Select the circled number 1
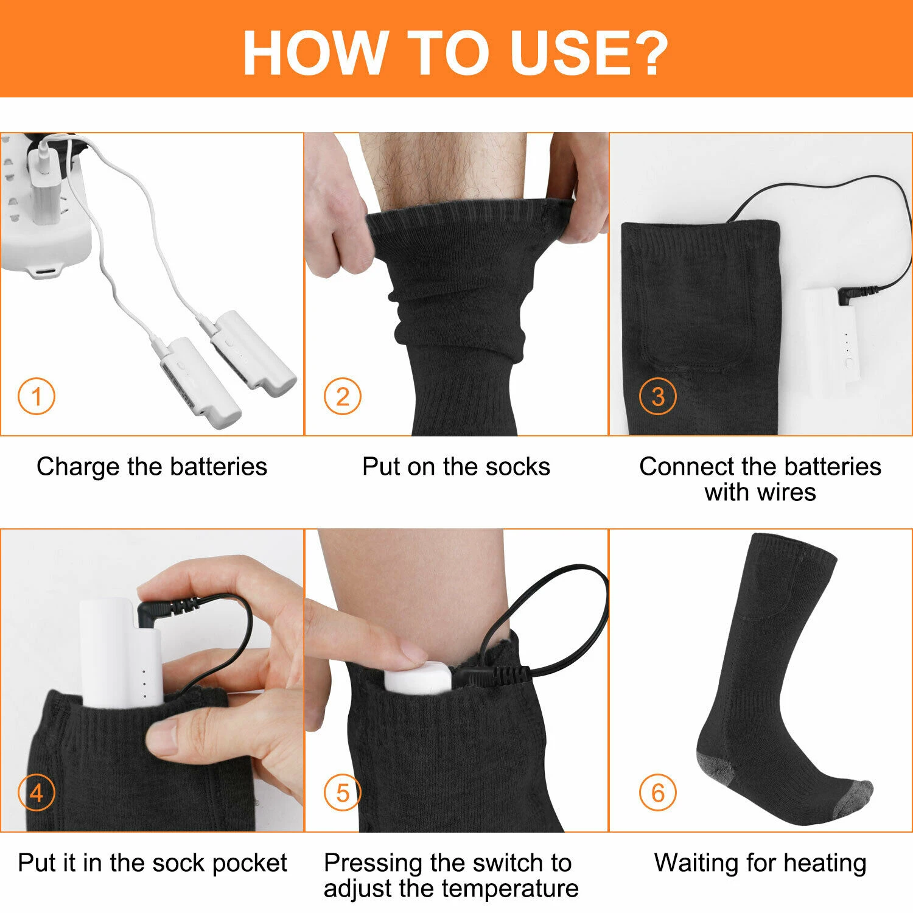[37, 397]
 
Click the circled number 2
[342, 397]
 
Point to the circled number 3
[658, 397]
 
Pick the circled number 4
[37, 793]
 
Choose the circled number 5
[342, 793]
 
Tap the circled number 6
[658, 793]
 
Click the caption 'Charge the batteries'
[152, 467]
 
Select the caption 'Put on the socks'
[456, 467]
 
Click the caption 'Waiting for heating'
[760, 863]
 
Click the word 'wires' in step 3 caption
[786, 492]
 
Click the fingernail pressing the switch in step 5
[413, 655]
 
